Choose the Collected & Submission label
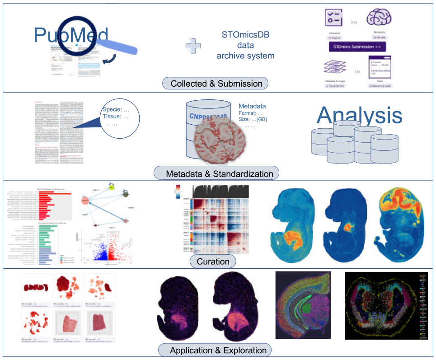click(216, 84)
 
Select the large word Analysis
click(359, 115)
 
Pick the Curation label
click(213, 261)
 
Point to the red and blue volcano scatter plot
click(106, 246)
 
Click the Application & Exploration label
click(218, 350)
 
